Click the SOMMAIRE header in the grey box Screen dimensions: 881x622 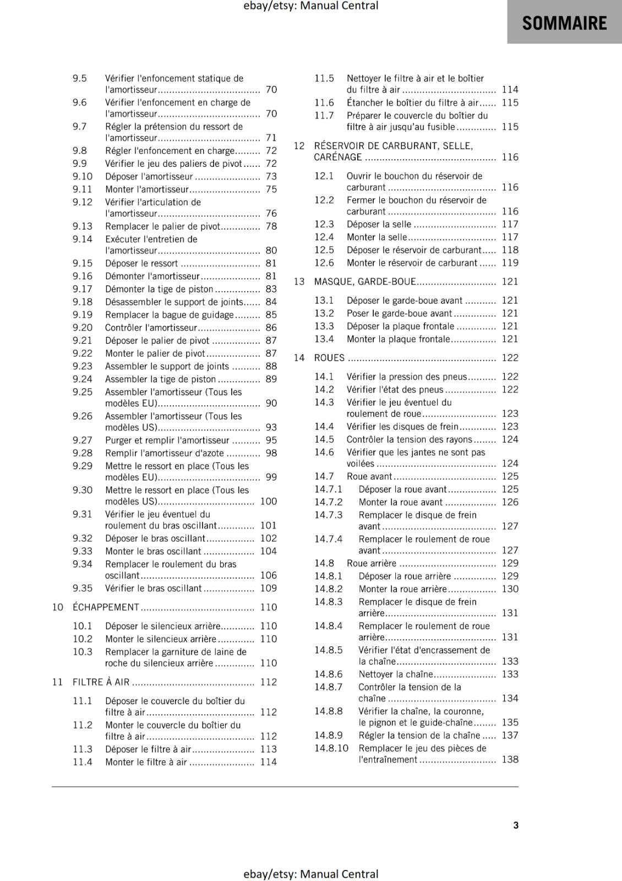click(x=564, y=23)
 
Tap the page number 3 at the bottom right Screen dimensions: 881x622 click(x=516, y=825)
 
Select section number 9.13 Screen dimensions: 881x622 click(x=83, y=226)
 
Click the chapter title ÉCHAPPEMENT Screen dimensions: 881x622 click(x=106, y=607)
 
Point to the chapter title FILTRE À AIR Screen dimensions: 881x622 click(x=101, y=682)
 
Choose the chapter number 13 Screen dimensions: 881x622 click(x=299, y=281)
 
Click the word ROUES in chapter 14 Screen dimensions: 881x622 click(x=329, y=358)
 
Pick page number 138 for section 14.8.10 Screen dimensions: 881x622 click(x=510, y=759)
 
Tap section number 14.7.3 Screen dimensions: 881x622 click(x=328, y=515)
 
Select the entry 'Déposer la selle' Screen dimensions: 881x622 click(x=379, y=224)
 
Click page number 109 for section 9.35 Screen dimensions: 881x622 click(x=268, y=588)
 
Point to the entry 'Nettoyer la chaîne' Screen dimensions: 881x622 click(x=396, y=674)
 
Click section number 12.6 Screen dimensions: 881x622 click(x=324, y=263)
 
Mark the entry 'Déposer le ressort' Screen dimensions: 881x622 click(x=141, y=263)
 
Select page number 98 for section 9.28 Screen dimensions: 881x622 click(x=271, y=453)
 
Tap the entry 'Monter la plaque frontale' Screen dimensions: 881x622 click(x=398, y=339)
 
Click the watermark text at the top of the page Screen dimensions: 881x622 click(x=311, y=6)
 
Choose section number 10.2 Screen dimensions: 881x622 click(x=83, y=639)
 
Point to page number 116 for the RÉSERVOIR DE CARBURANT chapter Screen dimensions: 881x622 click(x=510, y=157)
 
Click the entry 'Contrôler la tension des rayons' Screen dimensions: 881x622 click(x=409, y=439)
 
